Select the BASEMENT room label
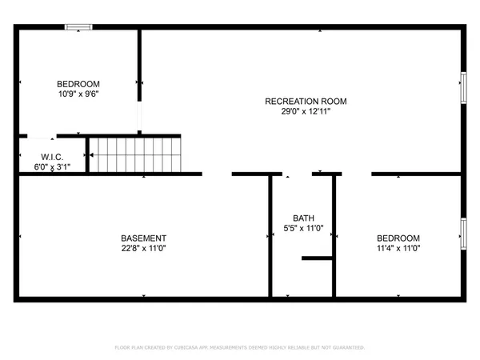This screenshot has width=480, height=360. point(143,238)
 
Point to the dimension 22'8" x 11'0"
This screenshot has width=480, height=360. point(143,248)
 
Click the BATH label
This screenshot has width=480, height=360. point(303,218)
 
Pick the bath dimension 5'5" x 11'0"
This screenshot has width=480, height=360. point(303,228)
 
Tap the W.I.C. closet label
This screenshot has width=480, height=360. point(53,158)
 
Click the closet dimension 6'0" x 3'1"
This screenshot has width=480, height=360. point(53,167)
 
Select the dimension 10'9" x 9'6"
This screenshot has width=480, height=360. point(78,94)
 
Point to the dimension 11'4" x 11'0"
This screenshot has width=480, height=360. point(398,248)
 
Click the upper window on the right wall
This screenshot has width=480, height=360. point(462,87)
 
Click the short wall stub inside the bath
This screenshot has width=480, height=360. point(317,258)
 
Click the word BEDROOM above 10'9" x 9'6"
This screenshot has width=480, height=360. point(78,84)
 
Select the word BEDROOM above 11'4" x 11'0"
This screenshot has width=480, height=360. point(398,238)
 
